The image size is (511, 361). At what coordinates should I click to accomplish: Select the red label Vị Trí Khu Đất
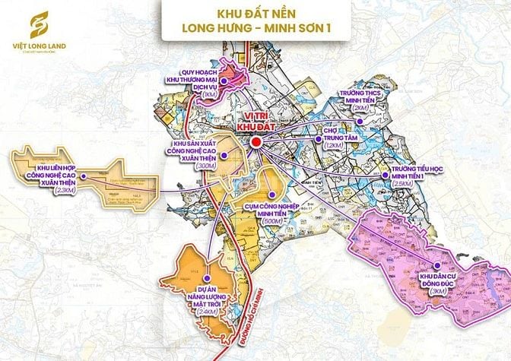(x=255, y=122)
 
